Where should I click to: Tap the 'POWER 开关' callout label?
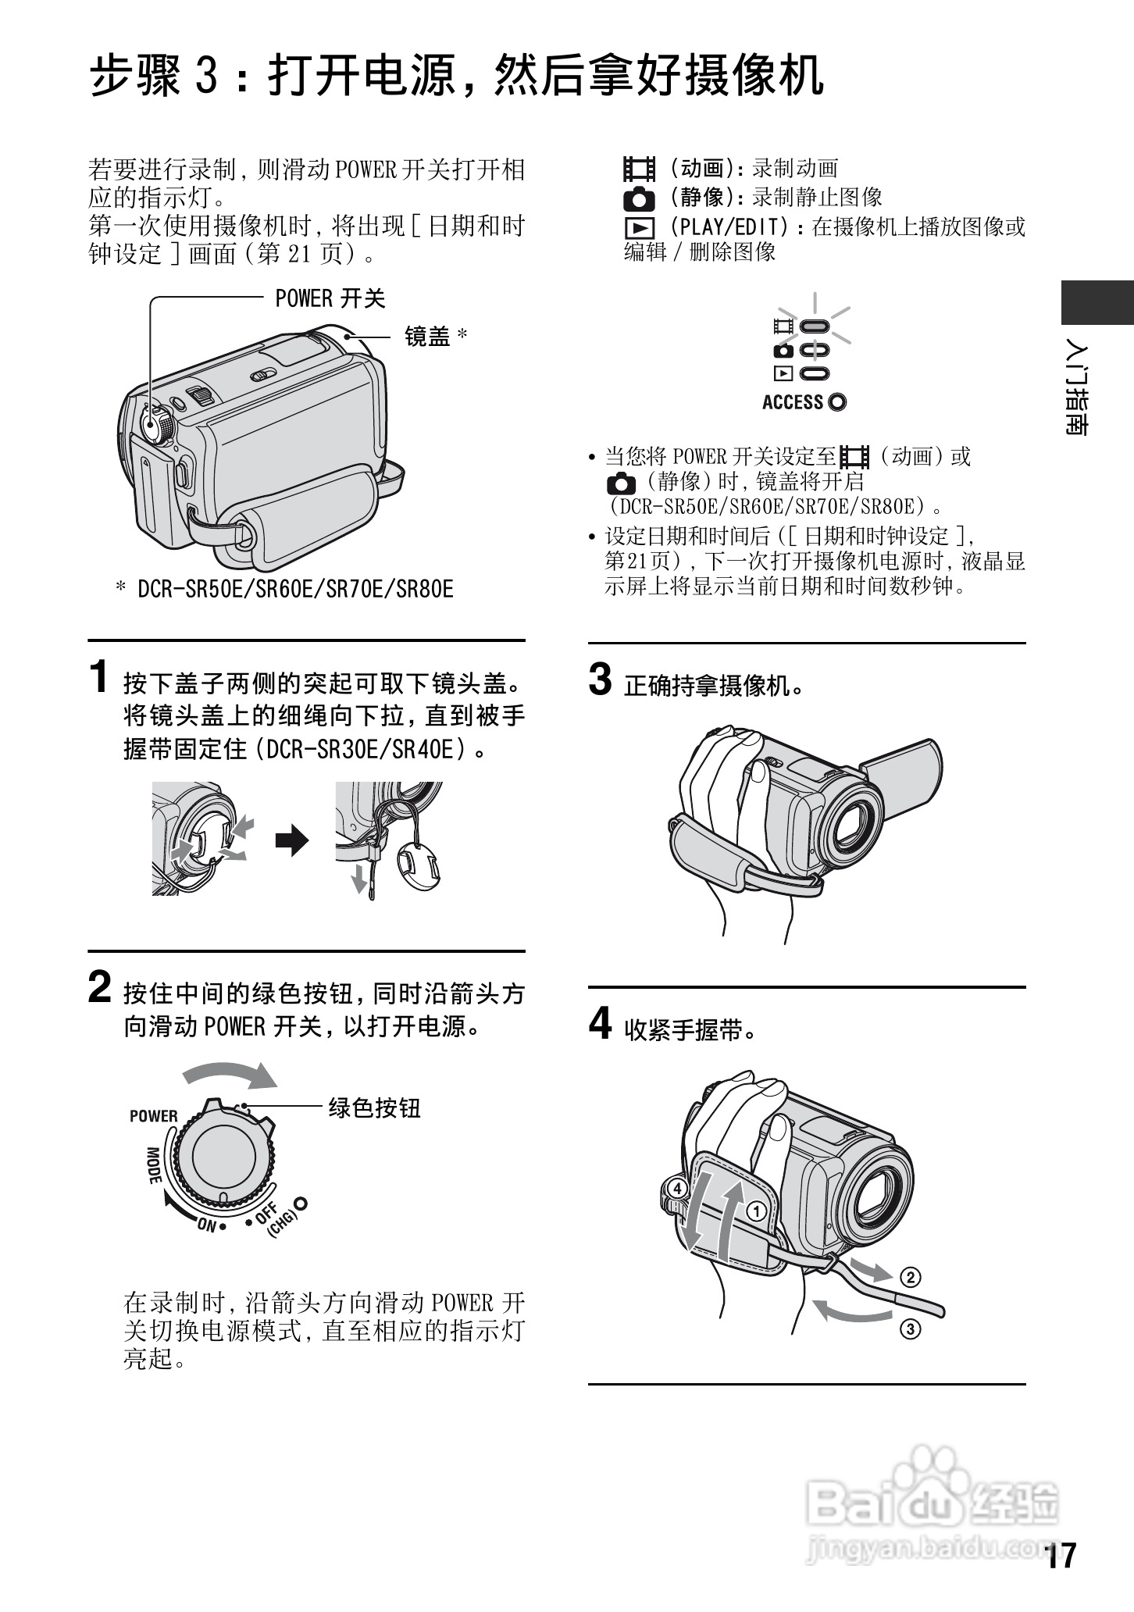click(x=330, y=298)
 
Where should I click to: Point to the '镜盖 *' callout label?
click(x=436, y=337)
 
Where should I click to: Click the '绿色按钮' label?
click(x=374, y=1107)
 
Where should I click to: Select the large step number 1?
click(x=98, y=676)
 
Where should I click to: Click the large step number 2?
click(x=99, y=987)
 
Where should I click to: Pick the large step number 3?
click(x=600, y=679)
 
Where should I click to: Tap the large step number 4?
click(x=600, y=1023)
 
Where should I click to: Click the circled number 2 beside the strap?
click(x=910, y=1278)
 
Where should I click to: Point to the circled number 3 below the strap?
click(x=910, y=1328)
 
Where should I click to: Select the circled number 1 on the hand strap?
click(x=755, y=1212)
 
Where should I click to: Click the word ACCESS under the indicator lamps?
click(x=793, y=402)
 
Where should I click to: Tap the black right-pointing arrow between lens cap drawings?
click(x=292, y=840)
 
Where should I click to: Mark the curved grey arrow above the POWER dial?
click(x=230, y=1072)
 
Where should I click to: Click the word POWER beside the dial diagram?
click(x=154, y=1116)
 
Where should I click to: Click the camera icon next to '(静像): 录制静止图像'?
click(x=639, y=198)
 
